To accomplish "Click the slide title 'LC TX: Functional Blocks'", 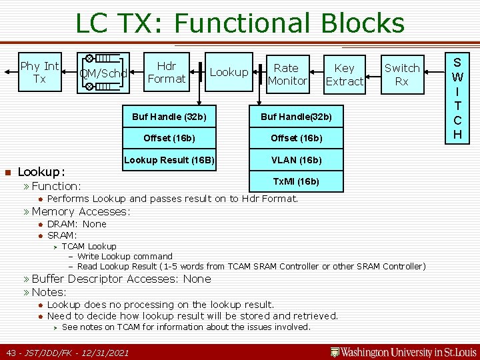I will click(240, 23).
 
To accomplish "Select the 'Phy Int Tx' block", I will click(39, 73).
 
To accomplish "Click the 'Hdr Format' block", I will click(166, 73).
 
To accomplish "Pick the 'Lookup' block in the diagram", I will click(229, 72).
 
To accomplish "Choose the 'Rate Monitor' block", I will click(287, 74).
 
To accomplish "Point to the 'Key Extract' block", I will click(344, 74).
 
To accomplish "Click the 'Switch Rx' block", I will click(402, 74).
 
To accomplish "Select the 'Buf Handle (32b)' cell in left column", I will click(169, 117).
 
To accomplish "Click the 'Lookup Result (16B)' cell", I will click(169, 160).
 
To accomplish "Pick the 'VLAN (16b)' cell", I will click(296, 160).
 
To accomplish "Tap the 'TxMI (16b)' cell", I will click(296, 181).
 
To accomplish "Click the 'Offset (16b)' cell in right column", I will click(296, 139).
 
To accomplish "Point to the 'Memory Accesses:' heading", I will click(81, 211).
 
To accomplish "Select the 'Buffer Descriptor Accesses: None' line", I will click(121, 279).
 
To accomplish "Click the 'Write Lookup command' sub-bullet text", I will click(125, 256).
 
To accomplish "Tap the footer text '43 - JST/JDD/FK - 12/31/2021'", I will click(67, 352).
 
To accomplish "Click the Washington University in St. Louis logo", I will click(403, 351).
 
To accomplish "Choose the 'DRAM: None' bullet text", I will click(77, 224).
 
